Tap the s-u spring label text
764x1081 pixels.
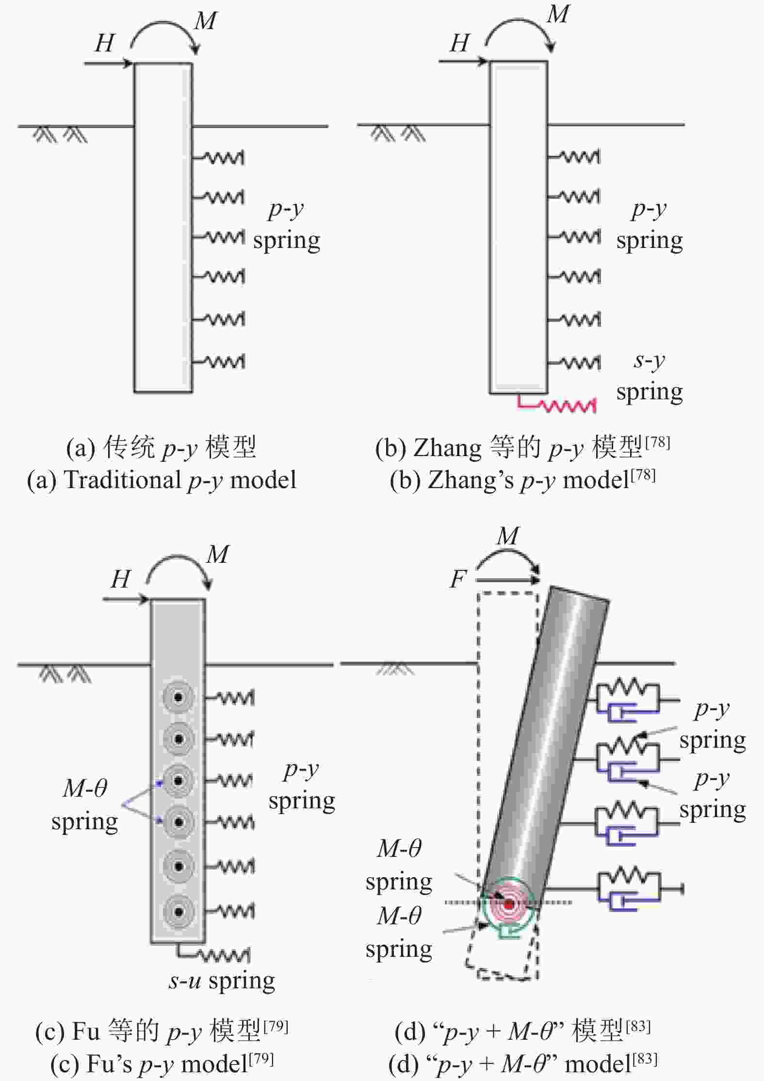[222, 981]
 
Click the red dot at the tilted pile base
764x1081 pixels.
[509, 904]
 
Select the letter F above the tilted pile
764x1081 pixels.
[458, 579]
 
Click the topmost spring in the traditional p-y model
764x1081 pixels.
[218, 158]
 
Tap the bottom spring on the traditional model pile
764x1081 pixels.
[218, 361]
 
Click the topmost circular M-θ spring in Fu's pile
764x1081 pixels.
[179, 698]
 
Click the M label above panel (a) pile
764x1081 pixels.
[206, 21]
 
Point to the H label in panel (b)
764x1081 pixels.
[459, 43]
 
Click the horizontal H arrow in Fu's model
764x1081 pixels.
[126, 600]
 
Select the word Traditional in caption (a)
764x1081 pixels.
[122, 480]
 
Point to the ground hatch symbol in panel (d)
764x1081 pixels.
[395, 670]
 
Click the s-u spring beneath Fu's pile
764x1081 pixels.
[213, 953]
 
